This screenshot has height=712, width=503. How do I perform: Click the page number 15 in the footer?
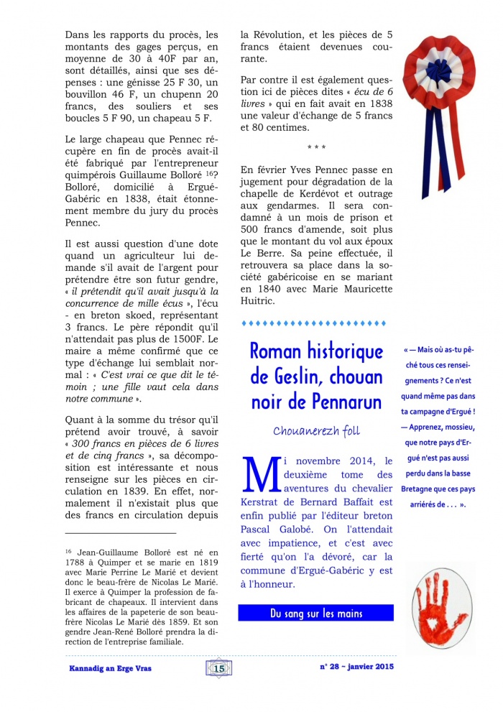click(219, 668)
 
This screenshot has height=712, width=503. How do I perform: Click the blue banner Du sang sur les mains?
click(316, 613)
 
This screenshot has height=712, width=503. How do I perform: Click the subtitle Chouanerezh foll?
click(316, 431)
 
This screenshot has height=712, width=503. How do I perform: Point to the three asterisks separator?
click(316, 149)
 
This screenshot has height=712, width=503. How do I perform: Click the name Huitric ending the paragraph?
click(260, 300)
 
